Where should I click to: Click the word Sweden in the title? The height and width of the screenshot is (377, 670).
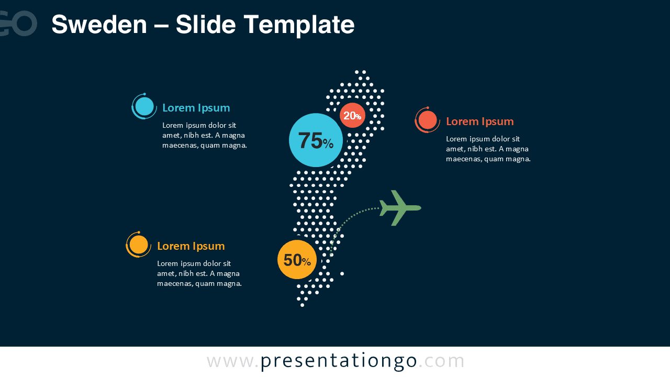pos(99,25)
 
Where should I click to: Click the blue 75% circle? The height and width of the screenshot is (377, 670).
pos(316,140)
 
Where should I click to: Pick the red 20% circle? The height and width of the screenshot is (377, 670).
pos(352,115)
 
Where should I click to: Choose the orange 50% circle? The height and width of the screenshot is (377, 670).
pos(297,259)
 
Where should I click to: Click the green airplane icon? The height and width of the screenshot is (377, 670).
pos(400,208)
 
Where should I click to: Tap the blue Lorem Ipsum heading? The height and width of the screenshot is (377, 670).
pos(196,108)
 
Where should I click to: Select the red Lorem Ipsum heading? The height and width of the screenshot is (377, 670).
pos(480,121)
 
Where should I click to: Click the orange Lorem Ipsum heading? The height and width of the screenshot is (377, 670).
pos(191,246)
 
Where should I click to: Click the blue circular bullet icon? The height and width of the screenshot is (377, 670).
pos(144,106)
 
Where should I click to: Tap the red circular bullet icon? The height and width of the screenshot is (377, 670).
pos(428,120)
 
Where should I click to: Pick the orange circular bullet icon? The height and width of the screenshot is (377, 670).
pos(139,245)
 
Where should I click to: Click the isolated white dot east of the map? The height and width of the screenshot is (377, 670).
pos(342,273)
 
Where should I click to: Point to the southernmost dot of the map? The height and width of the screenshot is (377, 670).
pos(302,305)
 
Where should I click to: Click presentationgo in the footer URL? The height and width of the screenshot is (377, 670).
pos(339,361)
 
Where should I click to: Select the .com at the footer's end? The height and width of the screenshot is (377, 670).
pos(441,361)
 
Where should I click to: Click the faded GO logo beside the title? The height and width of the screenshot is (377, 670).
pos(18,24)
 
